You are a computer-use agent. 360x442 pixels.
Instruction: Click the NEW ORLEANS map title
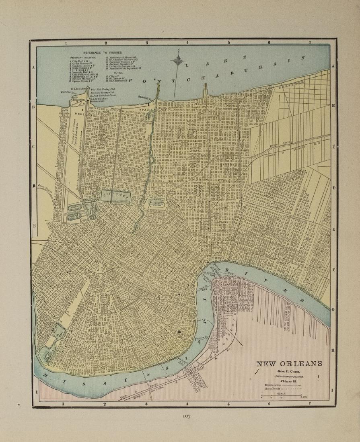(289, 364)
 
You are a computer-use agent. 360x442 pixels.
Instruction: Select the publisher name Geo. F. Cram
(289, 372)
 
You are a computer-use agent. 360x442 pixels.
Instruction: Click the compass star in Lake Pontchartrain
(177, 61)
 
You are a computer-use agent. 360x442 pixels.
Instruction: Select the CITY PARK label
(116, 196)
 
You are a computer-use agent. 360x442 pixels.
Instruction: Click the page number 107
(186, 416)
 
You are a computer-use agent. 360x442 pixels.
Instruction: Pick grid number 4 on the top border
(187, 42)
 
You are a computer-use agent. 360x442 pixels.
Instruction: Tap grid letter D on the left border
(34, 186)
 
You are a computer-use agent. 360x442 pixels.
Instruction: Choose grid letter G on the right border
(333, 309)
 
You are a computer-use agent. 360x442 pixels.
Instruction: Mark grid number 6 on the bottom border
(269, 403)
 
